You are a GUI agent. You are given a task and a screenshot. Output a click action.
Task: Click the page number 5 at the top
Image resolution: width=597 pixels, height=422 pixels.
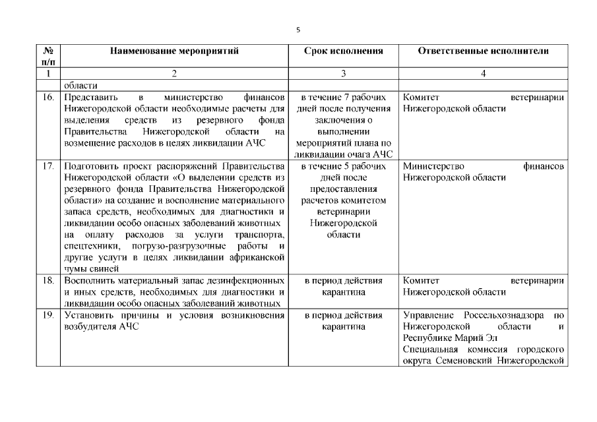(x=298, y=30)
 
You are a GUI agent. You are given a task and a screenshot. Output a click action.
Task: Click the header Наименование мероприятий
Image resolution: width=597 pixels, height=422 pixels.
(x=174, y=51)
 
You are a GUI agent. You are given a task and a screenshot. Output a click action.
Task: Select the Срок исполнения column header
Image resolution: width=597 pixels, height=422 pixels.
(x=343, y=51)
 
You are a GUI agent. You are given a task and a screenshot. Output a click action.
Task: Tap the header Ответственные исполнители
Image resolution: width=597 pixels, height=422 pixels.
(x=484, y=51)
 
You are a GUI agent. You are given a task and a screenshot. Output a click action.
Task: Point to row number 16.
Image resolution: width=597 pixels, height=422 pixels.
(x=47, y=97)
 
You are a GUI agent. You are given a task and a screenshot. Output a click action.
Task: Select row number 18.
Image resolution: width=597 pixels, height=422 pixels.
(x=47, y=280)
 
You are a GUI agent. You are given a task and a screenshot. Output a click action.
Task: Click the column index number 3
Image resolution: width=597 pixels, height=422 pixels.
(x=343, y=74)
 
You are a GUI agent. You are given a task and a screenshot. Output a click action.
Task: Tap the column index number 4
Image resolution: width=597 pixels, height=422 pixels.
(x=484, y=74)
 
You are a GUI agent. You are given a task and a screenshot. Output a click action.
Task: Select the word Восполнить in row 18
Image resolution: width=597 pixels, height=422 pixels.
(x=92, y=280)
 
